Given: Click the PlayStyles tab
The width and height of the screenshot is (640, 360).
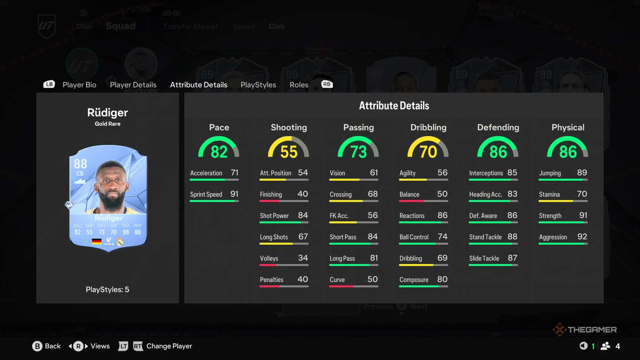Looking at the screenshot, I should tap(258, 85).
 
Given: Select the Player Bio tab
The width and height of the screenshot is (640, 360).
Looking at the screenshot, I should tap(80, 85).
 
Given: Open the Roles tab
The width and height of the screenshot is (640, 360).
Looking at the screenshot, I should tap(299, 85).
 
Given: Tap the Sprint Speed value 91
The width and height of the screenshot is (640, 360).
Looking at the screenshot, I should tap(234, 194).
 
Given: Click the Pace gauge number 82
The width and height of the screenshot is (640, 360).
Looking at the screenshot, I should tap(219, 152).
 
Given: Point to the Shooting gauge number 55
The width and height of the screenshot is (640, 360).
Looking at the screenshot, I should tap(289, 152).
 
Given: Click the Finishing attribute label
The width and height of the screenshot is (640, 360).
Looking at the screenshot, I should tap(271, 194).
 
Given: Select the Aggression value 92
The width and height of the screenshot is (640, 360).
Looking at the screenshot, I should tap(582, 237).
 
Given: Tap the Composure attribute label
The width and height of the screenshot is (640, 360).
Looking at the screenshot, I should tap(414, 280).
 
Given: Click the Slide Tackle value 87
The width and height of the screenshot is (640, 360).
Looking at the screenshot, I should tap(512, 258).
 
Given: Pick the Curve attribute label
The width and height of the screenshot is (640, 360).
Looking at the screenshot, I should tap(337, 280).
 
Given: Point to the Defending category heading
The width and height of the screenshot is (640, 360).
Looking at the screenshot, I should tap(498, 127).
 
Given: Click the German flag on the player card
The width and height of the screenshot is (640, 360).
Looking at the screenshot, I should tap(97, 242).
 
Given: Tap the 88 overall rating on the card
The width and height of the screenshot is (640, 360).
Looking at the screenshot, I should tap(80, 164).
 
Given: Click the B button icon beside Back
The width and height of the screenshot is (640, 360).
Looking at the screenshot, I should tap(37, 346).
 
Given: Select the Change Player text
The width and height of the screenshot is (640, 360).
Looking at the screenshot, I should tap(169, 346).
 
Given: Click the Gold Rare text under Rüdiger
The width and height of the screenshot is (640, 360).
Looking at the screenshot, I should tap(107, 124).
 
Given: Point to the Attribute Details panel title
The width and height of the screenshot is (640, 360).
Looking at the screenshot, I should tap(394, 106).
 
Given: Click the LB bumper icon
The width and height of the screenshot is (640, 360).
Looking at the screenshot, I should tap(49, 84).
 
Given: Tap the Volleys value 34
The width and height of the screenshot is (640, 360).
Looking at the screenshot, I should tap(303, 258).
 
